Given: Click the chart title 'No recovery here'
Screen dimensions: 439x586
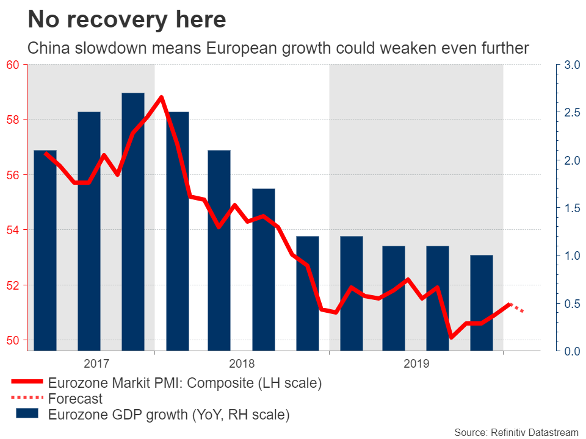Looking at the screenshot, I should pyautogui.click(x=127, y=20).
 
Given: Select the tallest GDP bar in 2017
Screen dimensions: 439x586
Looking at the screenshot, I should pyautogui.click(x=133, y=222).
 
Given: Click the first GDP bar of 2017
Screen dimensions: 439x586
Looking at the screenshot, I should pyautogui.click(x=45, y=250).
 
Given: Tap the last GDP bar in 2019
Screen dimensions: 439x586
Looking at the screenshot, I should pyautogui.click(x=482, y=302).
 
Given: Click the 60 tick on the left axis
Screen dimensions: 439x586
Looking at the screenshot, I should pyautogui.click(x=13, y=65).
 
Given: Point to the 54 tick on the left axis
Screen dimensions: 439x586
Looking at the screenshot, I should pyautogui.click(x=13, y=230).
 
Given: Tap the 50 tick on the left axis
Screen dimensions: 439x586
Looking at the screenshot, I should pyautogui.click(x=13, y=340).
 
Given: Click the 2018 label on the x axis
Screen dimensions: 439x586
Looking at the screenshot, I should pyautogui.click(x=242, y=364).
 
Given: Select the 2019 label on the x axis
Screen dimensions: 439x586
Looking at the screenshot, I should pyautogui.click(x=416, y=364).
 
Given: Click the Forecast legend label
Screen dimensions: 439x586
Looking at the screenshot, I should pyautogui.click(x=76, y=399).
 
